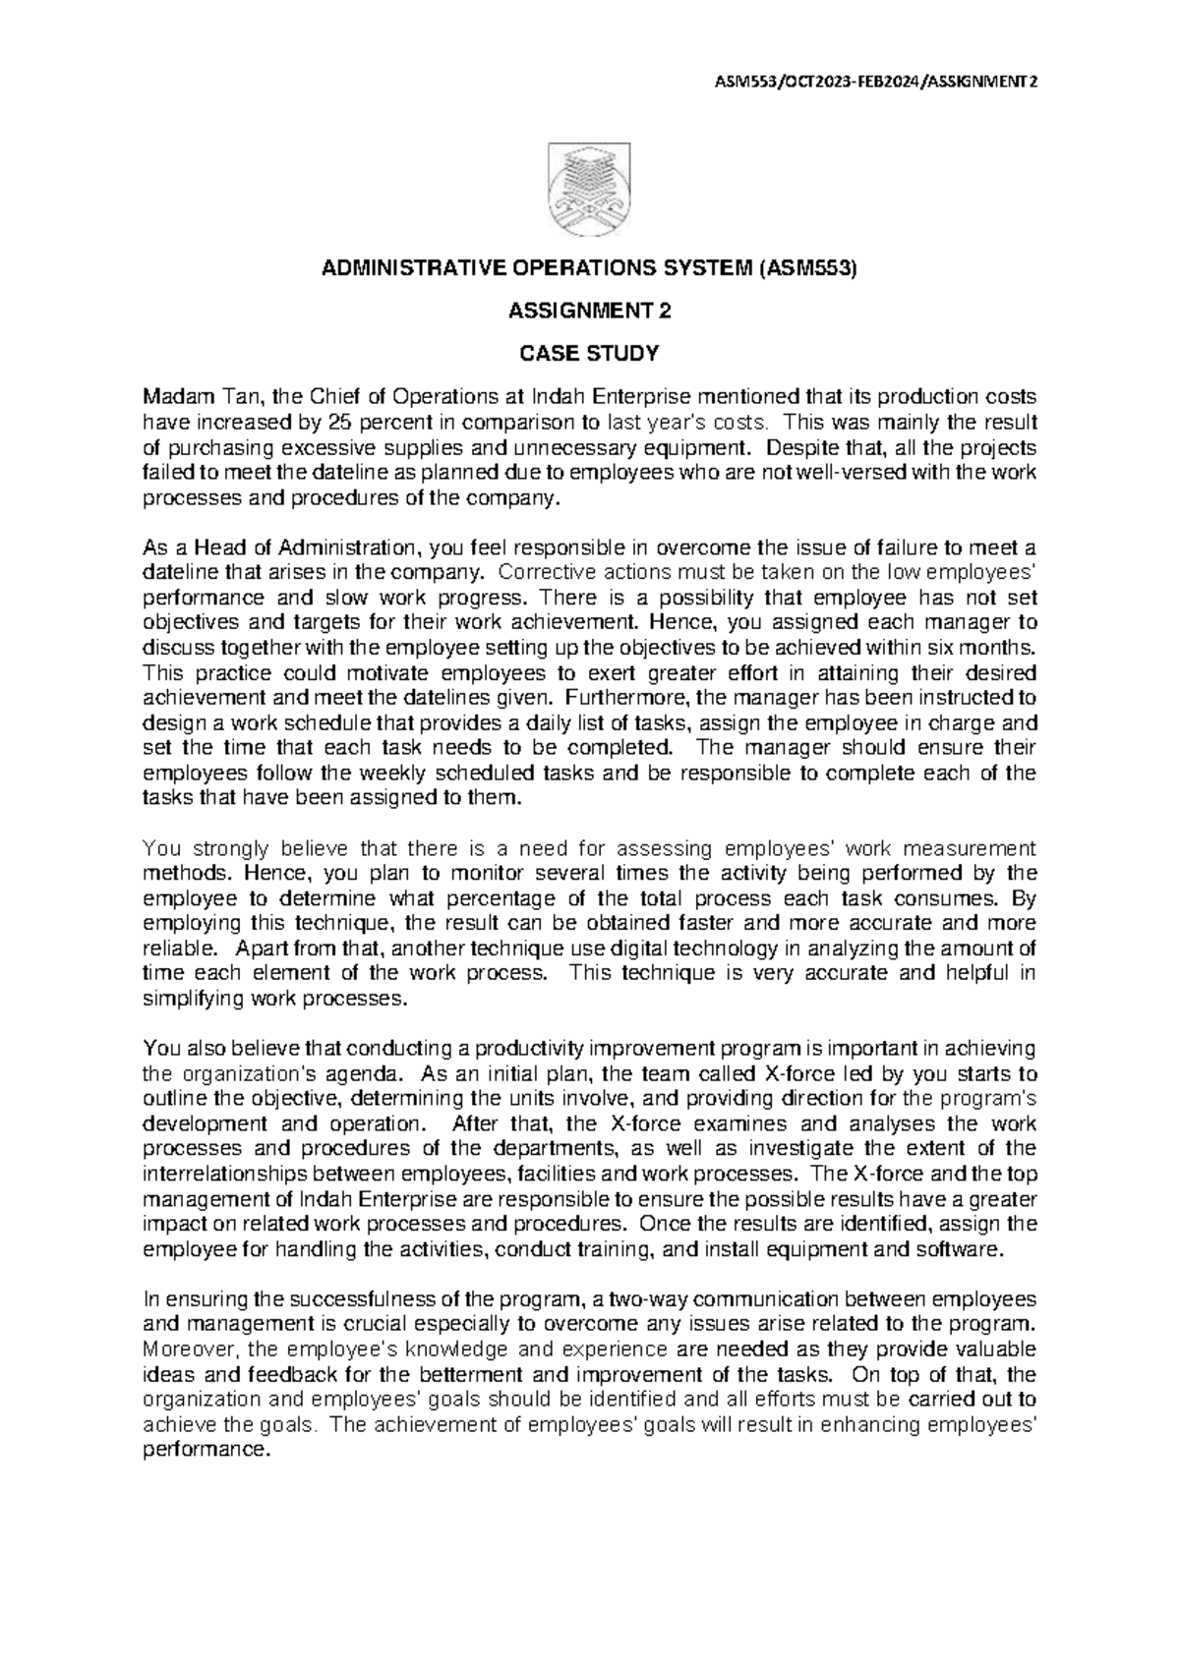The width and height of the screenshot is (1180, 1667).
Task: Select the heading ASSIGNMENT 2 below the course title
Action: tap(589, 314)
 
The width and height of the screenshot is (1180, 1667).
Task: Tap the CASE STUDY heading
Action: tap(589, 353)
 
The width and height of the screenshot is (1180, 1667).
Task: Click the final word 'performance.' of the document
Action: tap(206, 1450)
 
